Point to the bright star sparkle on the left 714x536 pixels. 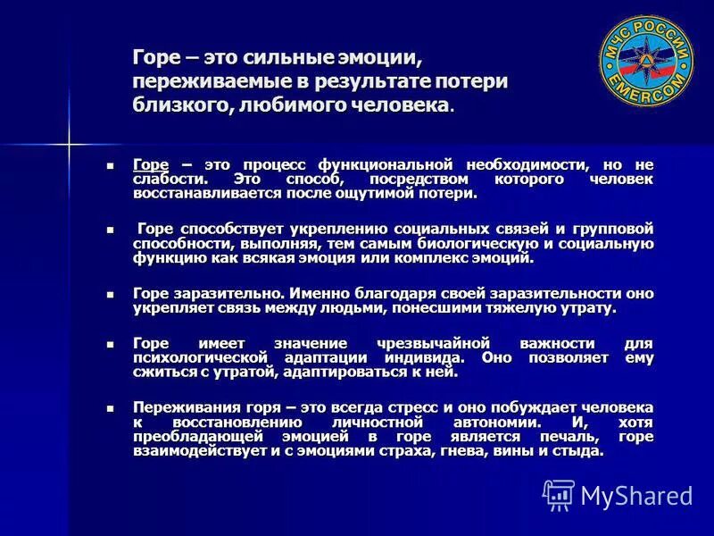pyautogui.click(x=70, y=141)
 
